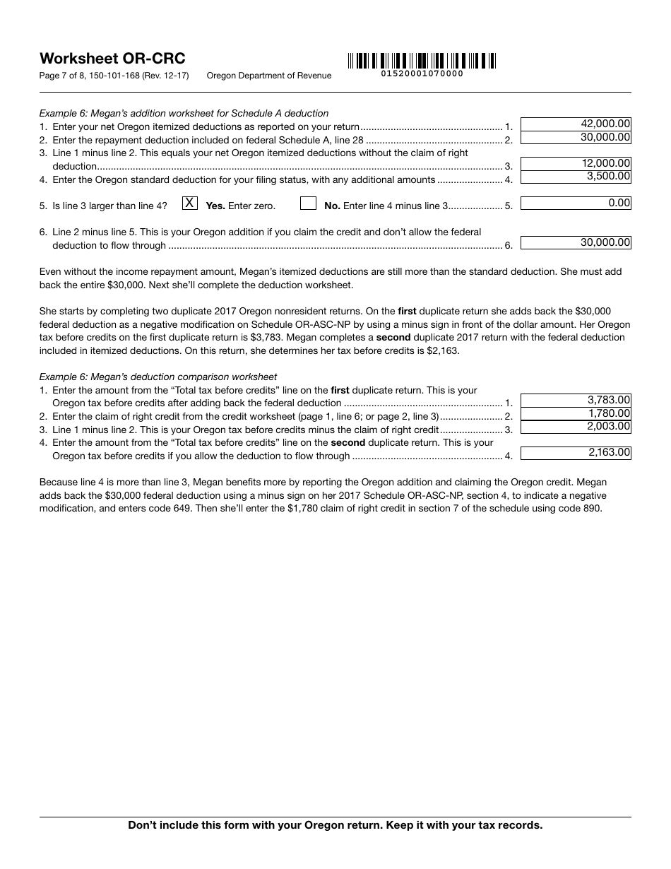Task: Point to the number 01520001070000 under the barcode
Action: (422, 73)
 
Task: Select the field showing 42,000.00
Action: (576, 124)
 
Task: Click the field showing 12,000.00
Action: (576, 163)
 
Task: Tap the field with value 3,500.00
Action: (576, 177)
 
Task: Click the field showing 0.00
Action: (576, 203)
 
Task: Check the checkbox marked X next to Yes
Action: (189, 203)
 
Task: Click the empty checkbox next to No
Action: (308, 203)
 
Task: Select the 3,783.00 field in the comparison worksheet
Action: (576, 400)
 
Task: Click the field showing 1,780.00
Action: (576, 413)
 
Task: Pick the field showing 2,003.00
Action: (576, 426)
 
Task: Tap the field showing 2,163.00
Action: (576, 453)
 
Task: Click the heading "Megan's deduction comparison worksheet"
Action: (184, 377)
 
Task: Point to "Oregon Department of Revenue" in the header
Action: (268, 76)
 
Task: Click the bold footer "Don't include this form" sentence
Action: (335, 825)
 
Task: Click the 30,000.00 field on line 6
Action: (576, 243)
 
